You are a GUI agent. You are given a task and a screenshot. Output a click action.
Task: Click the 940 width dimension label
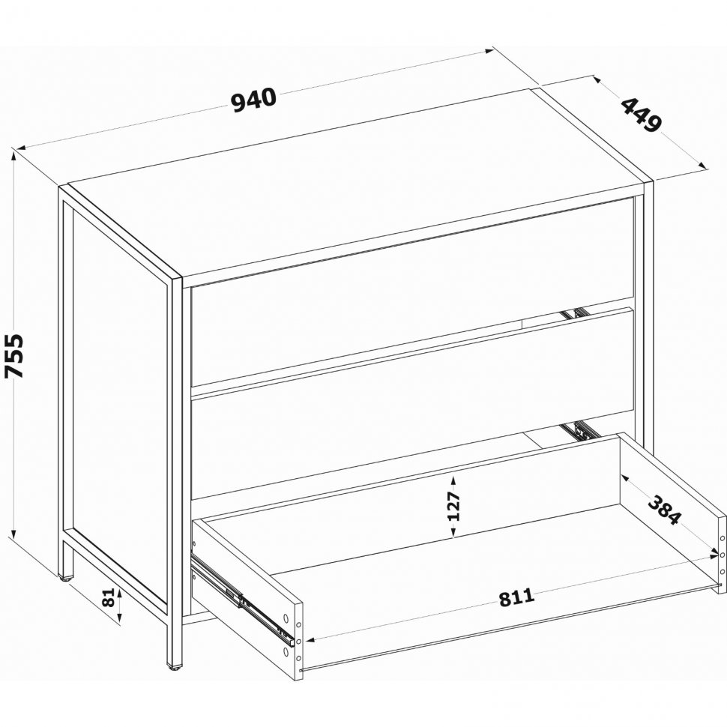pyautogui.click(x=253, y=100)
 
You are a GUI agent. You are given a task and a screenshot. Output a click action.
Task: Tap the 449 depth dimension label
pyautogui.click(x=642, y=115)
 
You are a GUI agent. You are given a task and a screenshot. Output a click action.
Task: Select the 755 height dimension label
pyautogui.click(x=13, y=355)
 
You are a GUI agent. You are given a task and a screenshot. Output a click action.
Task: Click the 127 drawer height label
pyautogui.click(x=453, y=507)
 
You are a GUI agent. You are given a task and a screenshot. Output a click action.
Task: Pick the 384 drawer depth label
pyautogui.click(x=665, y=510)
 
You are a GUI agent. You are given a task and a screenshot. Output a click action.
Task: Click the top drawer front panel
pyautogui.click(x=413, y=292)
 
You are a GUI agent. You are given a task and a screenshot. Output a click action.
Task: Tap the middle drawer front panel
pyautogui.click(x=413, y=403)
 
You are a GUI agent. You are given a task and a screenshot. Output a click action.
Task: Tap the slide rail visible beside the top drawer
pyautogui.click(x=576, y=314)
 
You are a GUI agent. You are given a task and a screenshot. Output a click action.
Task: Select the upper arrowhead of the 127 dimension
pyautogui.click(x=453, y=480)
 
